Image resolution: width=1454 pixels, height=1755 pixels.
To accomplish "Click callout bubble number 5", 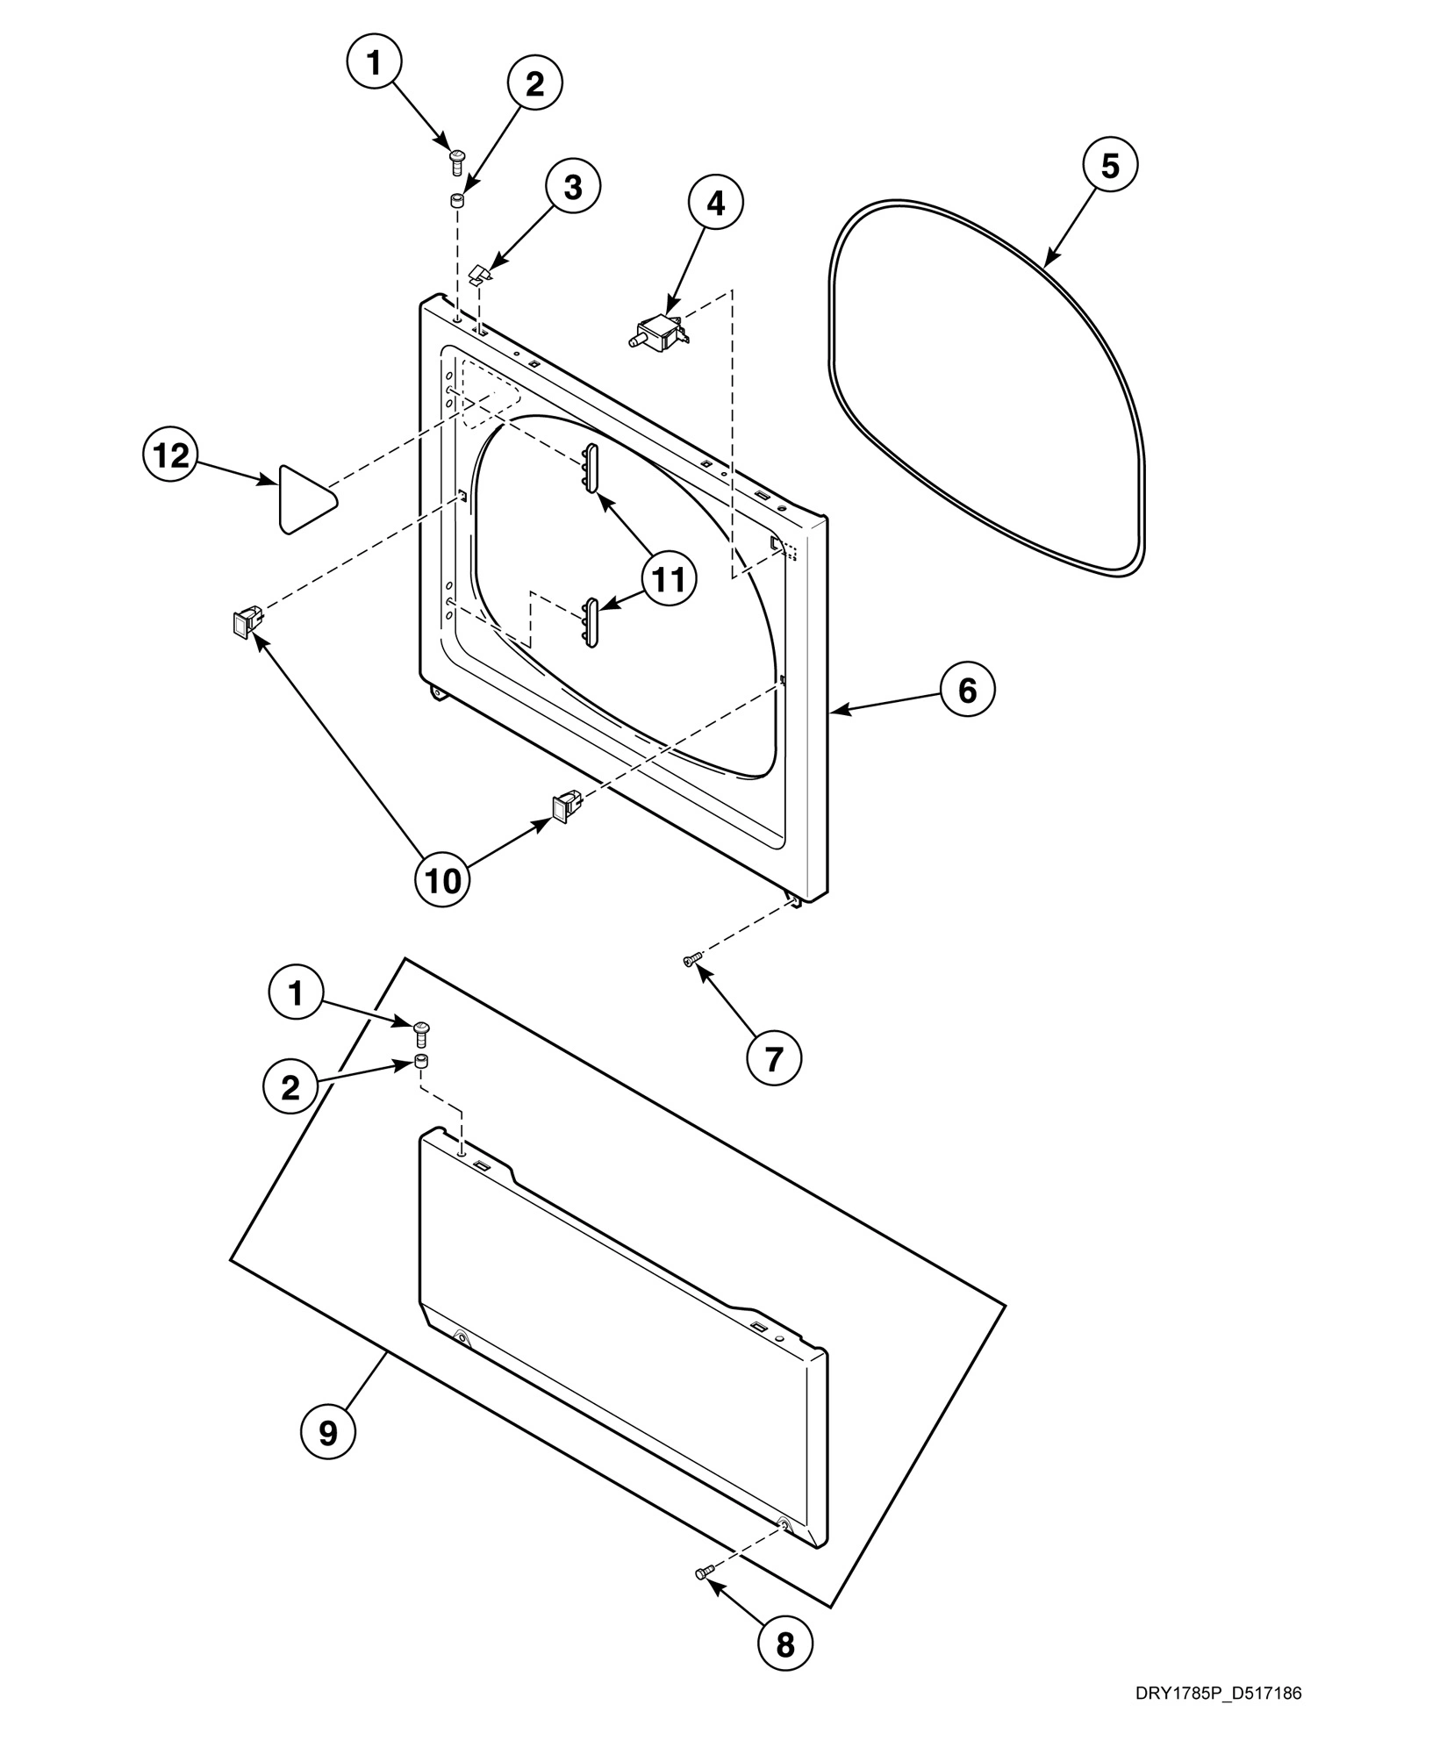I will click(x=1110, y=166).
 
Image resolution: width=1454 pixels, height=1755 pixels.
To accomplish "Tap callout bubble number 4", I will click(x=715, y=203).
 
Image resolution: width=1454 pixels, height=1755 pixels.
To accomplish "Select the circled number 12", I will click(x=170, y=455).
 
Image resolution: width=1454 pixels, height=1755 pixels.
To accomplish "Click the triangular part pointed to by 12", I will click(x=304, y=498).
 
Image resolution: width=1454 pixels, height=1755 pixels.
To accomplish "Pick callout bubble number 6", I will click(x=967, y=691).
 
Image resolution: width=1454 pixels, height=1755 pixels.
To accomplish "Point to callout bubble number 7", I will click(x=773, y=1059).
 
